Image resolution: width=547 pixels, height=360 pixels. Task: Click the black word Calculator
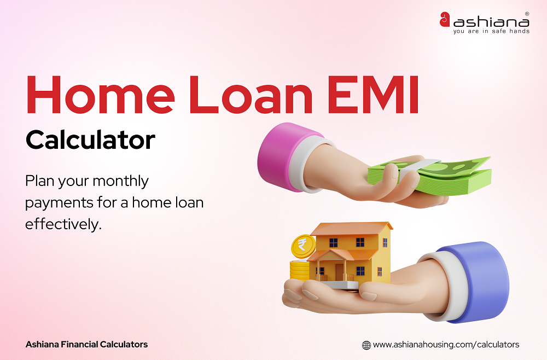90,140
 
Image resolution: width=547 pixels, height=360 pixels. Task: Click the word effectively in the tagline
63,224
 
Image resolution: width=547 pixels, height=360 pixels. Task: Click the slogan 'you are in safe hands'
491,31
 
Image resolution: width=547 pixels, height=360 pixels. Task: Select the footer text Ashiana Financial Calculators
86,344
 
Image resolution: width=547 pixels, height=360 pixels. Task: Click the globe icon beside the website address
366,345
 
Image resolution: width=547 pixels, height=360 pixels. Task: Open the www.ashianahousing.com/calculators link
446,345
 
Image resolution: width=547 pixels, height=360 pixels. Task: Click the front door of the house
340,271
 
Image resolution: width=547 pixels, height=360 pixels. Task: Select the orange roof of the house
350,229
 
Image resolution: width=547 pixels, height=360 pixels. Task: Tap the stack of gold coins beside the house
299,271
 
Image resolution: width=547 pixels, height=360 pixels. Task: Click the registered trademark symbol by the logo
527,13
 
